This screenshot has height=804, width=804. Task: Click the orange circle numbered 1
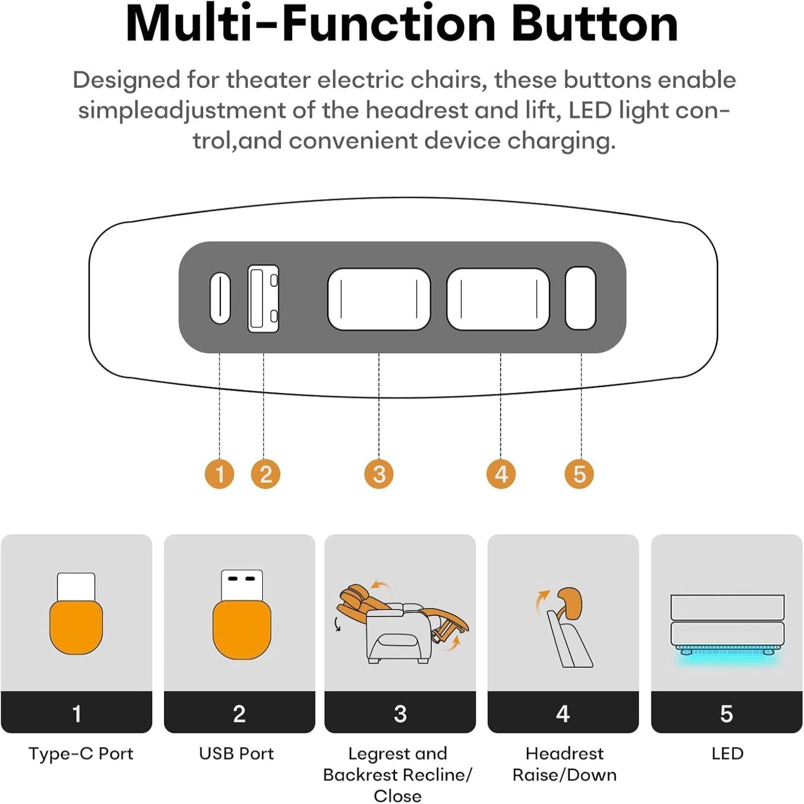(219, 474)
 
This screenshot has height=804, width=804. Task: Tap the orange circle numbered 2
(265, 474)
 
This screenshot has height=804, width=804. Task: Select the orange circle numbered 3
(379, 474)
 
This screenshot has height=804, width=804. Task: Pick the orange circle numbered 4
(501, 474)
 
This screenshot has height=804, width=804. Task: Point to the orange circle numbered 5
(579, 474)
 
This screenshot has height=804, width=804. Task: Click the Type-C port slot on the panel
(220, 298)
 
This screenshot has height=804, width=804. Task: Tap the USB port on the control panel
(263, 298)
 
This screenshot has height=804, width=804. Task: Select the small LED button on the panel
(580, 298)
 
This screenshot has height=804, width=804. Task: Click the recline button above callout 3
(379, 299)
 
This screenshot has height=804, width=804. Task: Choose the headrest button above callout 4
(498, 299)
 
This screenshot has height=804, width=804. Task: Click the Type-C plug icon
(76, 613)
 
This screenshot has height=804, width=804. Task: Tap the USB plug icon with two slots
(241, 615)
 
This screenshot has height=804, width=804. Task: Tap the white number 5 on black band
(727, 714)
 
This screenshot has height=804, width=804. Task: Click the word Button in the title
(595, 24)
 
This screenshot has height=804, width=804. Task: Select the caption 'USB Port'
(236, 753)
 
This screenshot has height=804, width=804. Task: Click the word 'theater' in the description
(268, 80)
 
